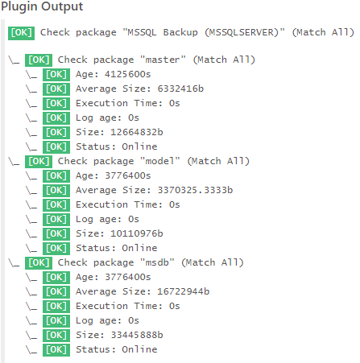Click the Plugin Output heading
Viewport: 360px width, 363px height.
coord(42,6)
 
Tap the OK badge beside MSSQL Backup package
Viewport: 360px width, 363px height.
coord(21,33)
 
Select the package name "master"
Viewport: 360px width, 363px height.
coord(163,60)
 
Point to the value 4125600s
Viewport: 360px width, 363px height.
coord(128,74)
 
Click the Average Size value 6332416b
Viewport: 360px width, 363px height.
coord(180,89)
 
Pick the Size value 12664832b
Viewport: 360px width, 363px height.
coord(137,132)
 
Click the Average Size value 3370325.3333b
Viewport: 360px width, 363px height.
coord(195,190)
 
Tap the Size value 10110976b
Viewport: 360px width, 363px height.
coord(137,233)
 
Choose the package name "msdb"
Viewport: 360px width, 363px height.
coord(157,262)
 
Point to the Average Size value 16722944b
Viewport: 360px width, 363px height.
coord(184,291)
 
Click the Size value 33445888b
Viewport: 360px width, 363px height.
coord(137,335)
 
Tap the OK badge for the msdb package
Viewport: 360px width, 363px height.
coord(39,263)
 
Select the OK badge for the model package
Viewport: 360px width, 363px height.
coord(39,162)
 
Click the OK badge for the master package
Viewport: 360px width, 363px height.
coord(39,60)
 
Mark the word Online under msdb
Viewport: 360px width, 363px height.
coord(139,349)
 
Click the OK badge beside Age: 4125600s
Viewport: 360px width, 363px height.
coord(56,75)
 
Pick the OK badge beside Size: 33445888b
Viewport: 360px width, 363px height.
coord(56,336)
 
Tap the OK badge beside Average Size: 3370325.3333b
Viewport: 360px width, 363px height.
coord(56,191)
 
